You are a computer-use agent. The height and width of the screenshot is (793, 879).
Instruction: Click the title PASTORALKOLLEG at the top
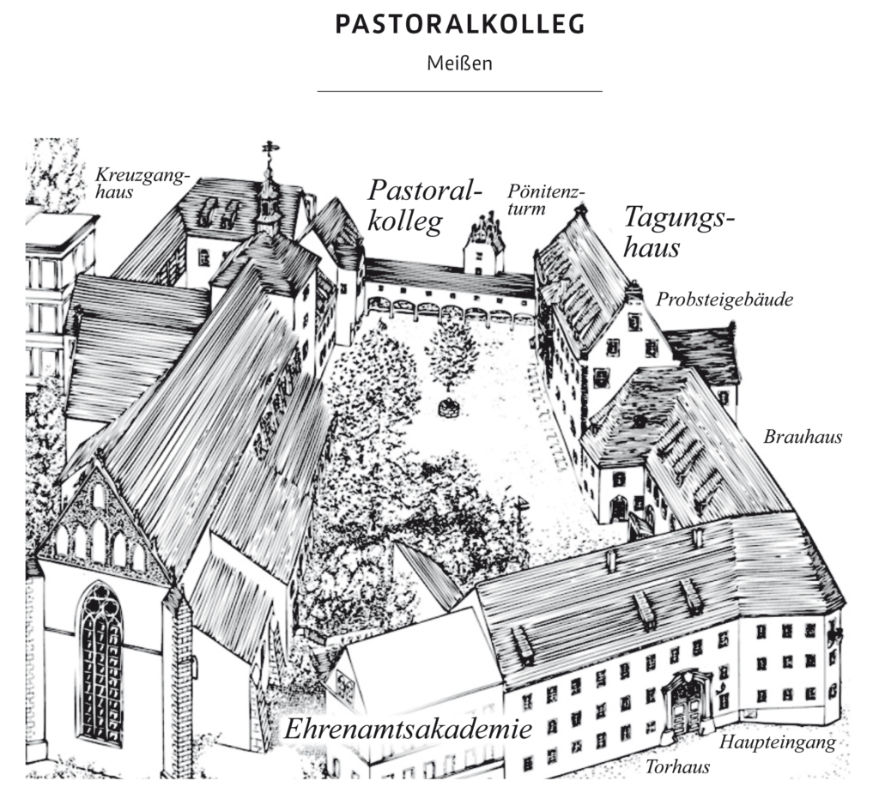pos(460,25)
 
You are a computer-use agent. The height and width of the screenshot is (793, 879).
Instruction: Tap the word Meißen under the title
pos(460,64)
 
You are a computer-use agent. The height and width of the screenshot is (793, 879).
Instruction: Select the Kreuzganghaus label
pos(142,184)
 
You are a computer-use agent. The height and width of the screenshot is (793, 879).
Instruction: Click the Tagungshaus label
pos(678,231)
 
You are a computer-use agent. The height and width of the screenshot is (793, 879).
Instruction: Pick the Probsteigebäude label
pos(724,300)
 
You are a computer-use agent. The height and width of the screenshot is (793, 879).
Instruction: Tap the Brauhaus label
pos(803,437)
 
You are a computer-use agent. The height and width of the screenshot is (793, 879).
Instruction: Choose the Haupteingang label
pos(777,742)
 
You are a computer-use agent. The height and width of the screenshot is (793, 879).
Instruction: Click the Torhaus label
pos(678,766)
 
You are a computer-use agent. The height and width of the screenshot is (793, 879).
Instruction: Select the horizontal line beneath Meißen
pos(460,90)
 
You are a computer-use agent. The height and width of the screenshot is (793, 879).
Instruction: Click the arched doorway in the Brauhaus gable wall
pos(618,508)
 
